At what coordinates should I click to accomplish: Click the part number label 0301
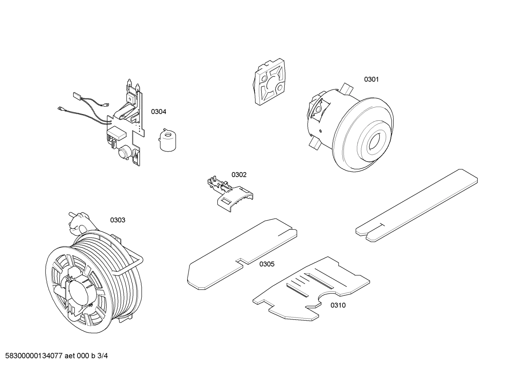[371, 79]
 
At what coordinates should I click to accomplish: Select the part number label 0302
[239, 175]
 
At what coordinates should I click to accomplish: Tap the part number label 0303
[118, 220]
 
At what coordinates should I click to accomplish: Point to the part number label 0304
[158, 112]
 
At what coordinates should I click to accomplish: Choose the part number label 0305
[267, 264]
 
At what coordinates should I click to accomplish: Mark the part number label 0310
[338, 305]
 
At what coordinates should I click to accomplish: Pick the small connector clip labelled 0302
[229, 193]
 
